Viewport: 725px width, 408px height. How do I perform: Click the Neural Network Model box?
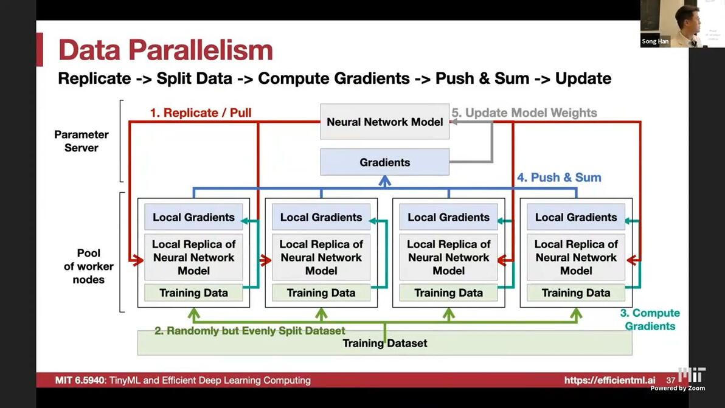[384, 122]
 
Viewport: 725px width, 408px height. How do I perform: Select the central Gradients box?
[384, 162]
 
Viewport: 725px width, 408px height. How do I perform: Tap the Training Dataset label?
[384, 344]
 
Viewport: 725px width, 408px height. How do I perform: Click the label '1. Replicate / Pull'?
[201, 112]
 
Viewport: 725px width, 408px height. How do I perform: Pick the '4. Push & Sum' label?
[559, 178]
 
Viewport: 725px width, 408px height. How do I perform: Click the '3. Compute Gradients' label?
[650, 319]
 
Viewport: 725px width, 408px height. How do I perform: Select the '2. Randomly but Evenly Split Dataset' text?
[249, 331]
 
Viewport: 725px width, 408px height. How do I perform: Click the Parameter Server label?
[81, 141]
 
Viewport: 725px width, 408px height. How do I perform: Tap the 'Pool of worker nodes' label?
[88, 266]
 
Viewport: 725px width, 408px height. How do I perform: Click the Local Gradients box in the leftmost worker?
[193, 217]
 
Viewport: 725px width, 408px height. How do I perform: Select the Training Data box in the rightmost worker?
[575, 292]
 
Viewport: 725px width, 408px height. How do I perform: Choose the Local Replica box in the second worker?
[321, 257]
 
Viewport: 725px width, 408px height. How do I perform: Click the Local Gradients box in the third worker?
[448, 217]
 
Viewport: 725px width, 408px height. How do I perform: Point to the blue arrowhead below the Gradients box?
[384, 181]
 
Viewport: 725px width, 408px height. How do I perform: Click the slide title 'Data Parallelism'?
[165, 50]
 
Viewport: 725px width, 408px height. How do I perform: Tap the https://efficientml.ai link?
[609, 380]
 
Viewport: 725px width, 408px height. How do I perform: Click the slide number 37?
[671, 380]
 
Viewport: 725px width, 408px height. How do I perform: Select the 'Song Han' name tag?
[655, 41]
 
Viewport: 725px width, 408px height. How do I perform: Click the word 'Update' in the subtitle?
[583, 78]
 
